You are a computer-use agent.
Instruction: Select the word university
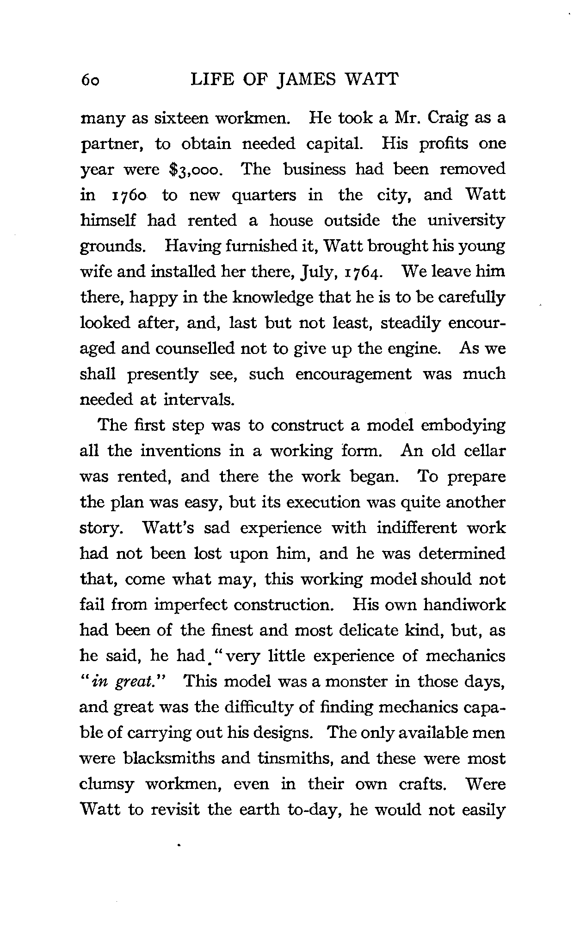point(466,221)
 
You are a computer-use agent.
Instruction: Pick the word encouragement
point(353,374)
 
